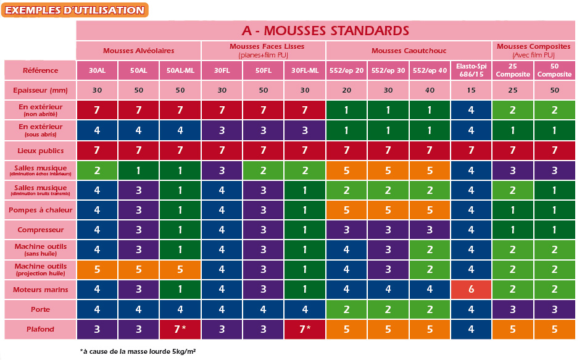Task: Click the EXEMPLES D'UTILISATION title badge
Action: click(x=75, y=10)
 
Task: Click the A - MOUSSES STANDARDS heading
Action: click(x=325, y=30)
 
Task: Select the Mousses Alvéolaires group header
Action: click(x=138, y=51)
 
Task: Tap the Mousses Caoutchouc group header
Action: click(x=408, y=51)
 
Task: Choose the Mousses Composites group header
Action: click(x=533, y=51)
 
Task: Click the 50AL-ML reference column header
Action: click(x=180, y=70)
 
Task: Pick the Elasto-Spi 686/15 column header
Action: click(x=470, y=70)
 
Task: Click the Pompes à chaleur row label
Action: click(x=40, y=210)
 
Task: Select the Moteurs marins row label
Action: click(x=40, y=290)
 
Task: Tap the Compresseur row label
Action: click(x=40, y=230)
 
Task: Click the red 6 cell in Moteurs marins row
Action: click(x=470, y=290)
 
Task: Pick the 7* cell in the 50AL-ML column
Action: click(x=180, y=330)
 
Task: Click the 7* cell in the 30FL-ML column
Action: click(x=304, y=330)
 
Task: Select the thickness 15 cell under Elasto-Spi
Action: click(x=470, y=90)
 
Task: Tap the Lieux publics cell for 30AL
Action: click(x=96, y=150)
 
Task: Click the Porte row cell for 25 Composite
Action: click(x=512, y=309)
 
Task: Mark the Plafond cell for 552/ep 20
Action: click(x=346, y=330)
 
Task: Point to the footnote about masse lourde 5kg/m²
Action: click(x=138, y=351)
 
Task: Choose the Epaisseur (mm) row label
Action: click(x=40, y=90)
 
